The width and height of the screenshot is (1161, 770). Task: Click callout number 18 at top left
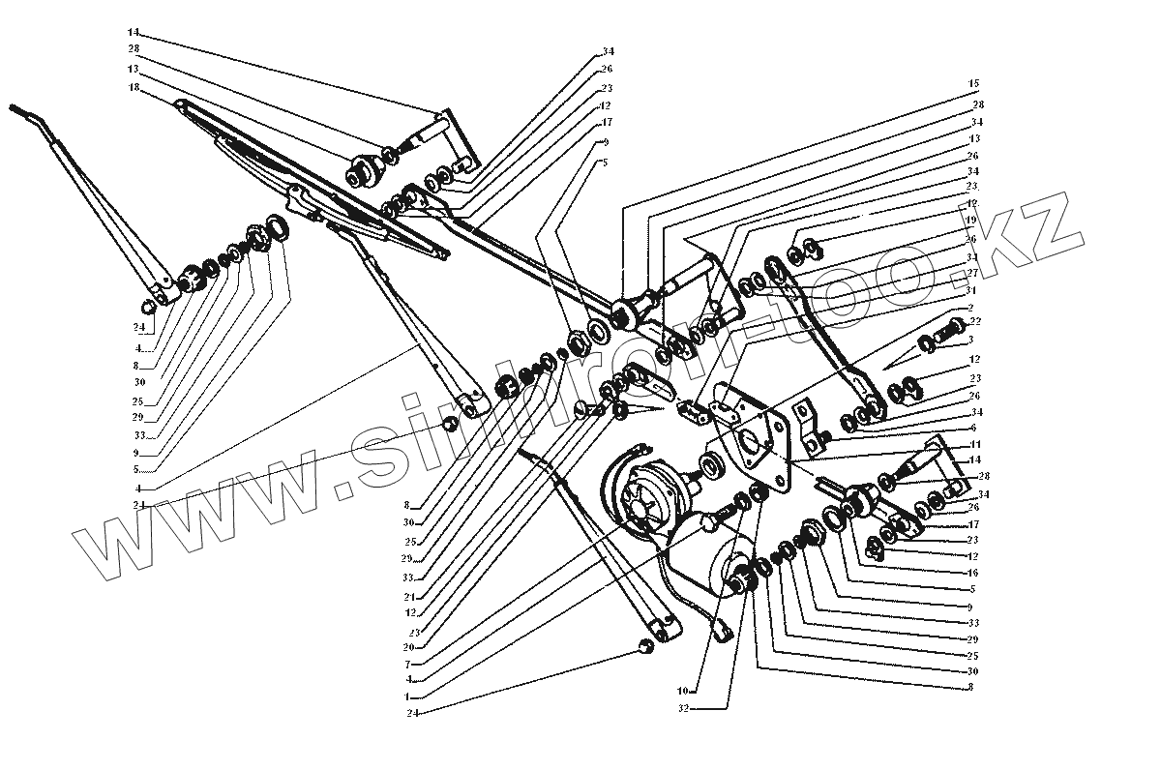coord(133,87)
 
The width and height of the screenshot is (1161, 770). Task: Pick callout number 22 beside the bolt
coord(974,321)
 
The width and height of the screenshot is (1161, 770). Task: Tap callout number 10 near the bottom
coord(682,693)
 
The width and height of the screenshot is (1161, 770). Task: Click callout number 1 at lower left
coord(409,696)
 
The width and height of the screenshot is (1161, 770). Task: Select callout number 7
coord(409,664)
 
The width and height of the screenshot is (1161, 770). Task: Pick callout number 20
coord(409,646)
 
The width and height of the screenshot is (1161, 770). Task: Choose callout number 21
coord(409,596)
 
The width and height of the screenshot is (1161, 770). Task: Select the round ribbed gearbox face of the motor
coord(643,495)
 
